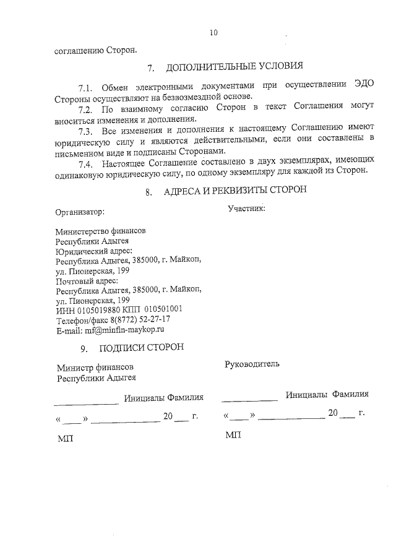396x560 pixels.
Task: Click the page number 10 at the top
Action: (x=213, y=33)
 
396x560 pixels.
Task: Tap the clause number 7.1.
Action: (x=85, y=87)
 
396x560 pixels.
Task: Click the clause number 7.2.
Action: (x=85, y=110)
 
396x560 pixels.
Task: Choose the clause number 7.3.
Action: (x=85, y=131)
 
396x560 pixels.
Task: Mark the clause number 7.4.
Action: (x=85, y=164)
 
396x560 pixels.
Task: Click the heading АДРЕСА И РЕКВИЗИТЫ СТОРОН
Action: (x=235, y=191)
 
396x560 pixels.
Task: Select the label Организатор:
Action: (x=80, y=212)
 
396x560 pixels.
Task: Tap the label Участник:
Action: (x=246, y=208)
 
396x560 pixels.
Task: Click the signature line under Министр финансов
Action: (x=87, y=403)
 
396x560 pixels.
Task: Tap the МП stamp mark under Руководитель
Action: (x=233, y=436)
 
